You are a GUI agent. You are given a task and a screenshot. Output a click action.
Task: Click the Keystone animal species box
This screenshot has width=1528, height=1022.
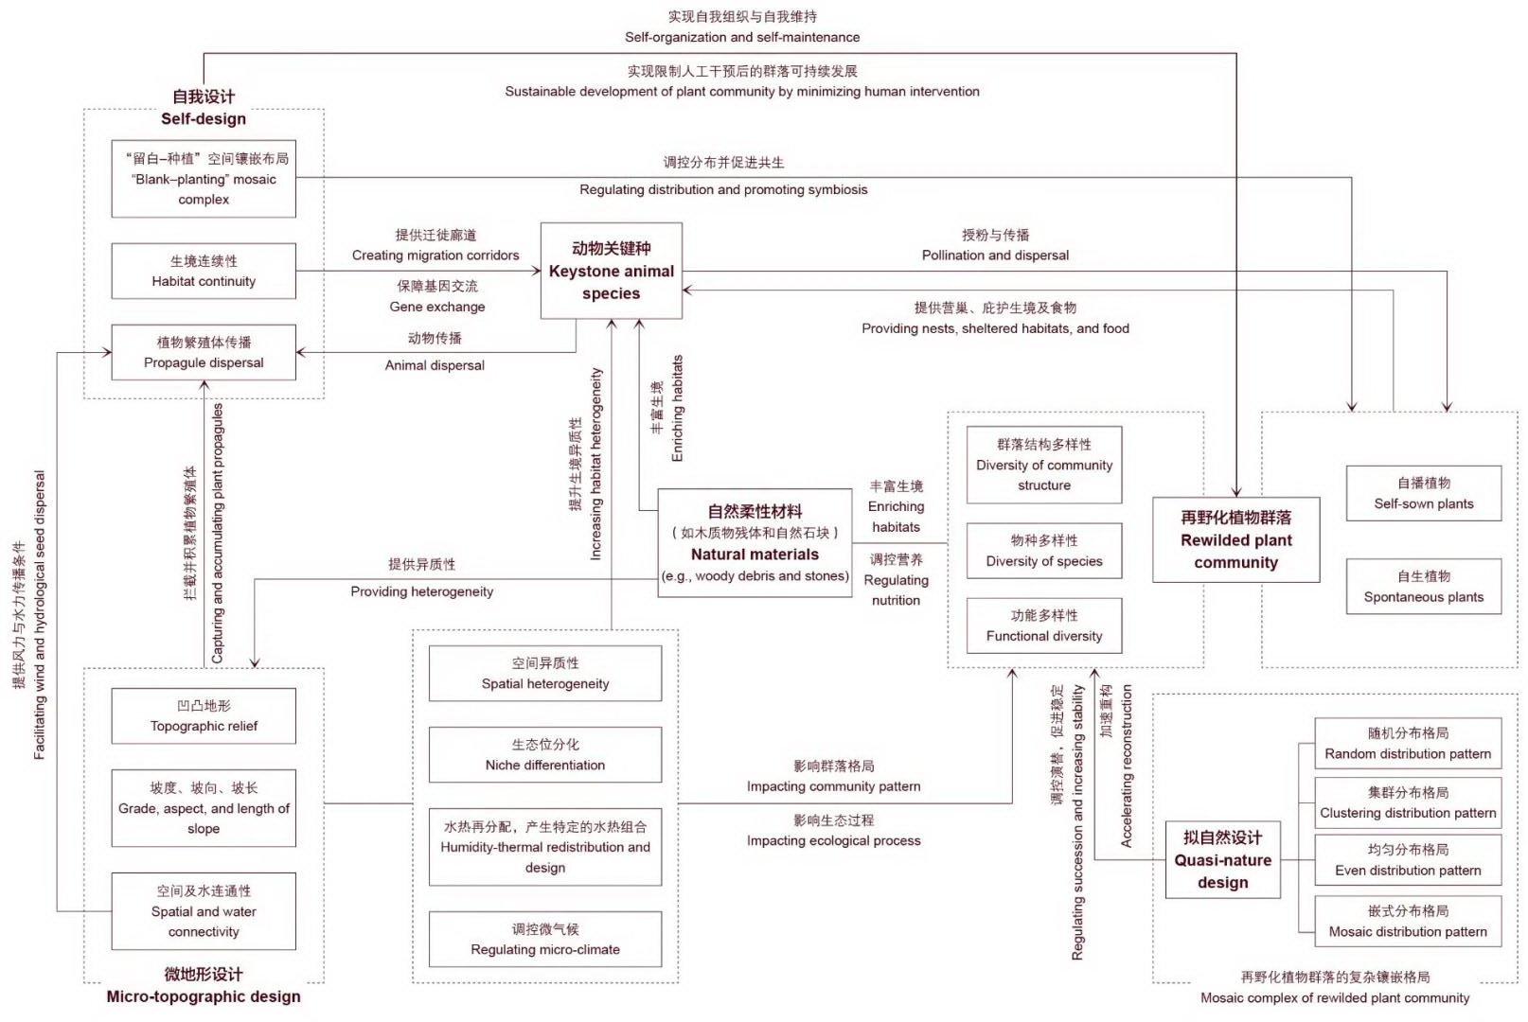coord(611,271)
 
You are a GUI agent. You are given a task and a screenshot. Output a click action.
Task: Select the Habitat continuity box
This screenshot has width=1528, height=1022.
coord(204,272)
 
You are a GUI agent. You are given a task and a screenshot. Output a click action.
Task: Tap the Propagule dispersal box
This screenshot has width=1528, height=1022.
coord(204,353)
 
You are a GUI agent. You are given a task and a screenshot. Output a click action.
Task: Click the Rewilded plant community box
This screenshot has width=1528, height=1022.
coord(1235,539)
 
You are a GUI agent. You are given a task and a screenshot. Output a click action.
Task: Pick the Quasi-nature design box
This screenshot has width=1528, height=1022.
coord(1222,860)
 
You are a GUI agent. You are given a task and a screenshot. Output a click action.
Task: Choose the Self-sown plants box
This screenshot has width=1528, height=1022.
coord(1423,493)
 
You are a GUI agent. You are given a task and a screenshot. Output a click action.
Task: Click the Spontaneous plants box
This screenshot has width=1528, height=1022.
coord(1423,587)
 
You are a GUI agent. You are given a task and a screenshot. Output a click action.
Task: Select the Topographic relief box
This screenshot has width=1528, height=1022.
coord(204,716)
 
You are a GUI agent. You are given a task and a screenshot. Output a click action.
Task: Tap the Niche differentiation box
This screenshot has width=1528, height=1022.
coord(544,755)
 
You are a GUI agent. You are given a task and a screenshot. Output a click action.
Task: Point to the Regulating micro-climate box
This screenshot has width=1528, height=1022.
coord(544,940)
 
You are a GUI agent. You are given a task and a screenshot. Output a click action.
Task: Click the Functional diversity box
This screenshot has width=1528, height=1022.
coord(1043,626)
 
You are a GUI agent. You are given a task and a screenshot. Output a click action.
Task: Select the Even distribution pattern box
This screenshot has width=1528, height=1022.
coord(1408,860)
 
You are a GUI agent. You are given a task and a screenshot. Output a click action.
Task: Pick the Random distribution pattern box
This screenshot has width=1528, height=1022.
coord(1408,744)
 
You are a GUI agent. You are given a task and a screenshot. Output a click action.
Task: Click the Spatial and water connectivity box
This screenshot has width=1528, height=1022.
coord(204,911)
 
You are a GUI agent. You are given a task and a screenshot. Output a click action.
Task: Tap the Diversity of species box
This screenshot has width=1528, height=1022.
coord(1043,551)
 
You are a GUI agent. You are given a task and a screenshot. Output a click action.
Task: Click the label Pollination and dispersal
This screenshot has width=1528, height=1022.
coord(995,255)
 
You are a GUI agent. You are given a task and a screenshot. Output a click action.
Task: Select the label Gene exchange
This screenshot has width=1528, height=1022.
coord(436,307)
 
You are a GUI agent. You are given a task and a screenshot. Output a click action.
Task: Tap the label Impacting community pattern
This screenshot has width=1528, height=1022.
coord(833,786)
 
